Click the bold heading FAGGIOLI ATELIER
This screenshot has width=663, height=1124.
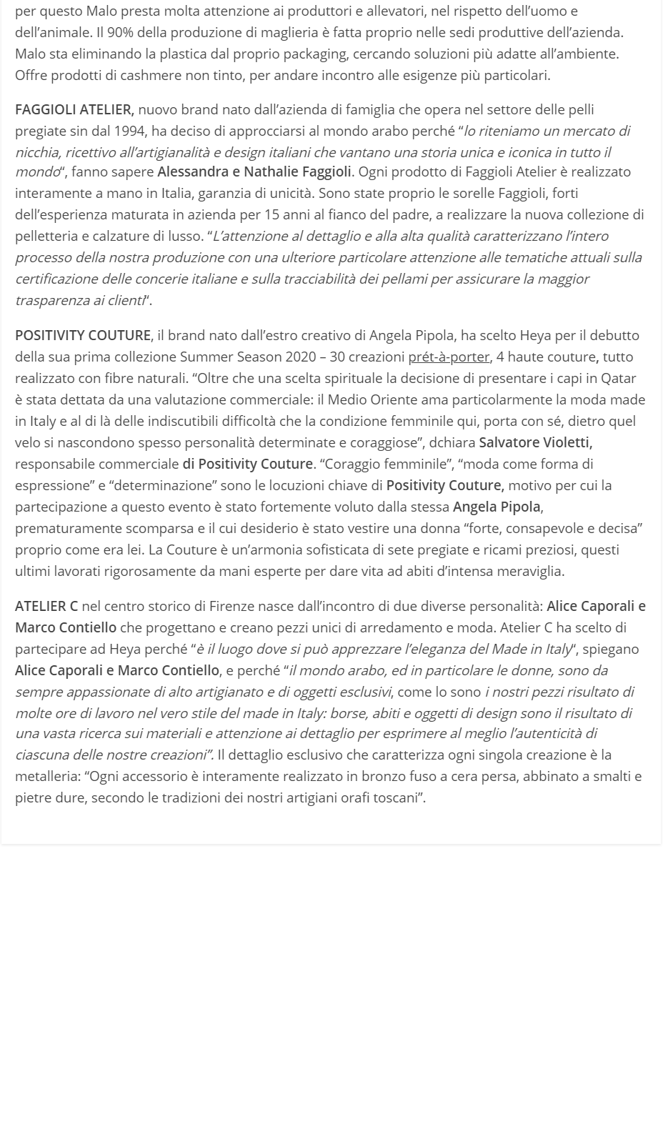[x=74, y=109]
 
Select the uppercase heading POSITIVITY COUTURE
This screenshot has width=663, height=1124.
[x=83, y=335]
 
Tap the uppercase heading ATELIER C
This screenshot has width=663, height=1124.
[x=46, y=606]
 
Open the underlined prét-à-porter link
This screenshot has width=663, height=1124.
[x=449, y=357]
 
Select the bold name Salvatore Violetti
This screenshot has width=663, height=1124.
[x=535, y=442]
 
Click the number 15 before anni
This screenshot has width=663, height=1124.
[x=342, y=214]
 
